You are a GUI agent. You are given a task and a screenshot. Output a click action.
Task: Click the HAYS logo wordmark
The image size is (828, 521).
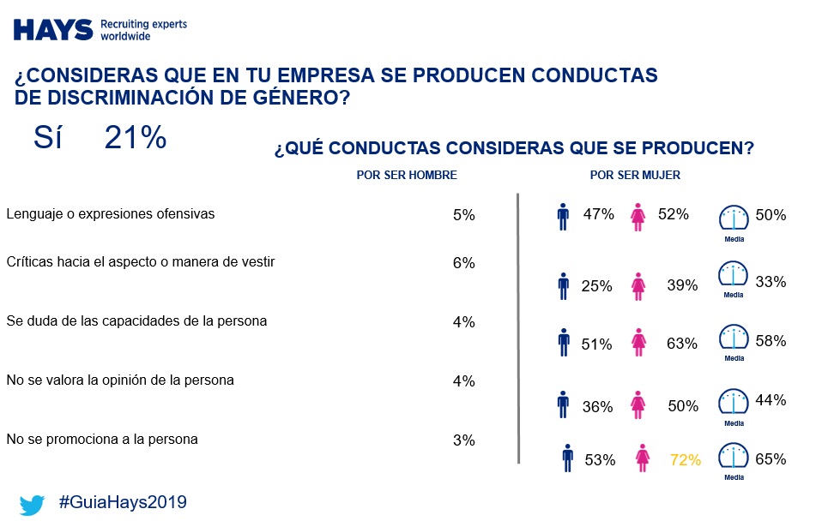pos(53,29)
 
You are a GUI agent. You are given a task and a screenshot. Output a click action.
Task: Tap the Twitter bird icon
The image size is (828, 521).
pos(33,504)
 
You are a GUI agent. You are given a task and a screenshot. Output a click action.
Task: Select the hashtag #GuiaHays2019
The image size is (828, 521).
pos(122,502)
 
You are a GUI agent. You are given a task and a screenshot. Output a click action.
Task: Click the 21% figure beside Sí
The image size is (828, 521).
pos(135,138)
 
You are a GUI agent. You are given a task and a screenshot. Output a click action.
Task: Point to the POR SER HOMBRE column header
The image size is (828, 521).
pos(406,175)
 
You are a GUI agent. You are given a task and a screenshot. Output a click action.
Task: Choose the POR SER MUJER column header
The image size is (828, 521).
pos(635,175)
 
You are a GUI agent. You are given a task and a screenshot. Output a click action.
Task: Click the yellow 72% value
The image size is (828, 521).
pos(686,460)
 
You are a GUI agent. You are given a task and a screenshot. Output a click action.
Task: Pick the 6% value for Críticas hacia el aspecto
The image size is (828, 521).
pos(463,263)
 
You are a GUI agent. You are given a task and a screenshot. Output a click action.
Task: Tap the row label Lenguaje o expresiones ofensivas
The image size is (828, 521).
pos(110,213)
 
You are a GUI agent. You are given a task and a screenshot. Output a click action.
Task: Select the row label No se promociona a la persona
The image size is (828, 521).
pos(101,439)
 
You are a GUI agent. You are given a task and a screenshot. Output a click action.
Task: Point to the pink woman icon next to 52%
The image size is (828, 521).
pos(638,217)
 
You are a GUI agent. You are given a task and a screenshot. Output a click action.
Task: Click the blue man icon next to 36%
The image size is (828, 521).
pos(563,404)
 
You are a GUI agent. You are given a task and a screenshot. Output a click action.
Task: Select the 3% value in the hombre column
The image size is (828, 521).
pos(463,440)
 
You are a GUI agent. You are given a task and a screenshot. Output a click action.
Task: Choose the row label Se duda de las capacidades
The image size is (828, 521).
pos(136,321)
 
